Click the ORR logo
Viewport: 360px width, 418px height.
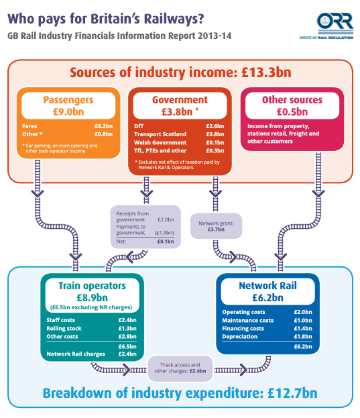(x=326, y=25)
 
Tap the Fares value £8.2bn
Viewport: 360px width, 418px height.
(x=104, y=126)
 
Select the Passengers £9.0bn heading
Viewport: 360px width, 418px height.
(x=68, y=105)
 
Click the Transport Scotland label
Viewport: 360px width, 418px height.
(x=160, y=134)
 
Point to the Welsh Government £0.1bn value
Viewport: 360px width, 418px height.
(x=215, y=143)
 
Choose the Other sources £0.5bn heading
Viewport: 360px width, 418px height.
(x=292, y=105)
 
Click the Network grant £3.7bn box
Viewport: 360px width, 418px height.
(x=217, y=226)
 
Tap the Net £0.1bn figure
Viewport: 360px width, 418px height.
(x=166, y=242)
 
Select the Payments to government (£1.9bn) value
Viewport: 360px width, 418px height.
(x=164, y=233)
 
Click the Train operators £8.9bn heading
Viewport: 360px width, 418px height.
(x=92, y=291)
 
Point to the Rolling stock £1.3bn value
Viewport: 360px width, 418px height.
(x=127, y=329)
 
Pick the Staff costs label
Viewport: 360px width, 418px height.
(x=61, y=320)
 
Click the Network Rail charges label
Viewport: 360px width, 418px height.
(x=76, y=354)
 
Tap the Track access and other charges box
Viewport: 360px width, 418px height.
(x=180, y=368)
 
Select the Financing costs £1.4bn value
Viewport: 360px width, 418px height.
(x=303, y=329)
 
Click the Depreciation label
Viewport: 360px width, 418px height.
(x=240, y=337)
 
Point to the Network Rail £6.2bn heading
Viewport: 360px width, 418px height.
(x=268, y=291)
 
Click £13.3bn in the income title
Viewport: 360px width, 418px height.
(x=266, y=72)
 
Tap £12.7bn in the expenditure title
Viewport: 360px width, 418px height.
(x=293, y=393)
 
